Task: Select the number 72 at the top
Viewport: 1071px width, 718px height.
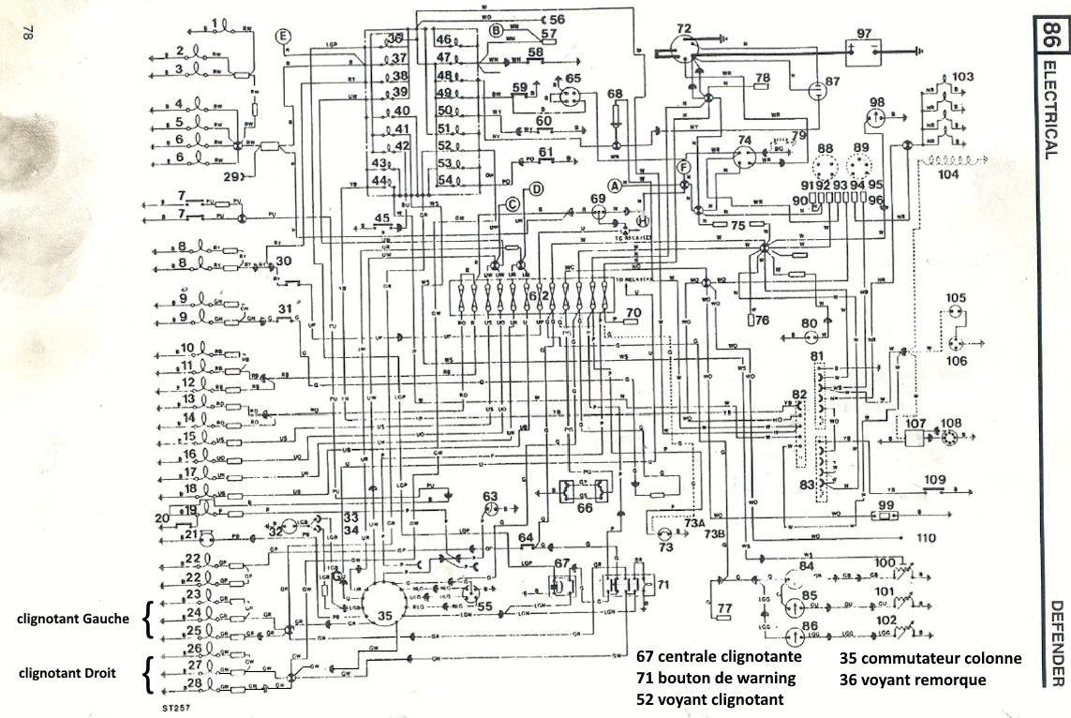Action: click(684, 30)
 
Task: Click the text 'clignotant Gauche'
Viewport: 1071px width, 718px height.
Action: click(72, 619)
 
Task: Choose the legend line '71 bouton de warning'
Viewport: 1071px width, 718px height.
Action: click(716, 678)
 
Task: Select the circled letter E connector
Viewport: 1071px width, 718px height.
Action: click(284, 37)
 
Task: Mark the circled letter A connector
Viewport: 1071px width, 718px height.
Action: click(615, 186)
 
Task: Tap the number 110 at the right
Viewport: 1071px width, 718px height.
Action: click(928, 538)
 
